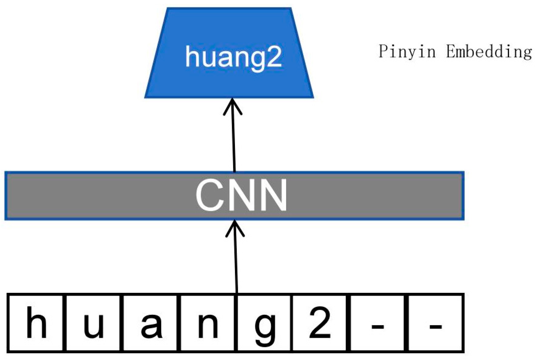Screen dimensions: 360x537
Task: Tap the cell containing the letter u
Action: click(93, 323)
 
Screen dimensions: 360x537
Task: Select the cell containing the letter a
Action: click(151, 323)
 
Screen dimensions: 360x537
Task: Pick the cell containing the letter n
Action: click(208, 323)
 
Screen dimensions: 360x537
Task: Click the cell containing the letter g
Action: click(265, 323)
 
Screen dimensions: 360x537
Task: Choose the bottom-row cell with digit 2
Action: click(319, 323)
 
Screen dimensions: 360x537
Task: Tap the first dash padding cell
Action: click(377, 323)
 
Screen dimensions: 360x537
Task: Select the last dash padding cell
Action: click(435, 323)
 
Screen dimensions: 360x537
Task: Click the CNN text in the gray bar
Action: click(241, 195)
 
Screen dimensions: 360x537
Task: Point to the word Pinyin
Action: click(407, 51)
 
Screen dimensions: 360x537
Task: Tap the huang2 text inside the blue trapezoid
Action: click(233, 57)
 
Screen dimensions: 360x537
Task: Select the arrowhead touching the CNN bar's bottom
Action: click(235, 228)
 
